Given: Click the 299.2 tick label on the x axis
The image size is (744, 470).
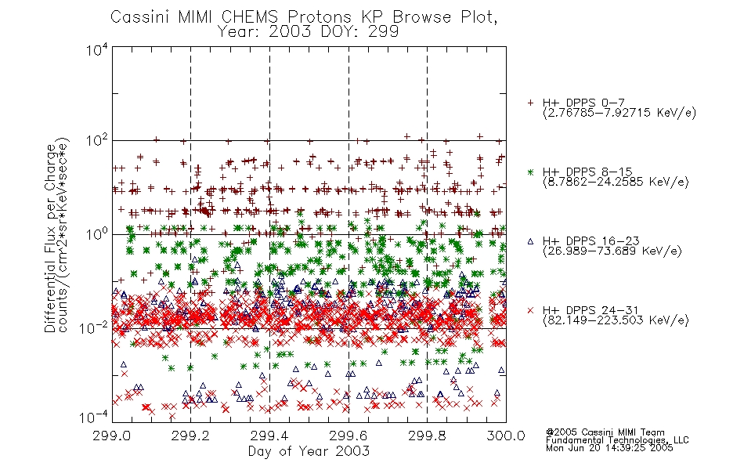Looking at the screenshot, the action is coord(191,436).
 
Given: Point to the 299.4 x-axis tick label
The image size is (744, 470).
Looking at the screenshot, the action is coord(269,436).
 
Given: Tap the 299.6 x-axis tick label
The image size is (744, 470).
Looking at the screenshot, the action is coord(349,436).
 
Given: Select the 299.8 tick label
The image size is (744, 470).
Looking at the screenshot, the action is coord(427,436).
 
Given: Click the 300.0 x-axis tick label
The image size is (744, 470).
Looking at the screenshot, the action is coord(506,436).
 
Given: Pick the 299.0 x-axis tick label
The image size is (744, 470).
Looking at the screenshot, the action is coord(112,436).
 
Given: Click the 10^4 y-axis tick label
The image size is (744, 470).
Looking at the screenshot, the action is coord(97,50).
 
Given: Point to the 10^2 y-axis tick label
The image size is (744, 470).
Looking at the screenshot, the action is coord(97,141).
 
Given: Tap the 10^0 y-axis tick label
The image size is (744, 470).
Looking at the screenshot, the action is coord(97,234).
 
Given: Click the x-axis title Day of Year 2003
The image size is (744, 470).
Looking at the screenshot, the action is coord(309,451).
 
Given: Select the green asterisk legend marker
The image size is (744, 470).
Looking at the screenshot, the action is coord(530,172).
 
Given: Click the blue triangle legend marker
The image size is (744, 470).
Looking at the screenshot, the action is coord(530,241).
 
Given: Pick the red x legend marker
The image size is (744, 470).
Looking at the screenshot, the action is coord(530,310).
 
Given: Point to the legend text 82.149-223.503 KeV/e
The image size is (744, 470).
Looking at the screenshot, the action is coord(616,320).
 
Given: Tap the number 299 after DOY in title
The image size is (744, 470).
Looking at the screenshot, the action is coord(384,32).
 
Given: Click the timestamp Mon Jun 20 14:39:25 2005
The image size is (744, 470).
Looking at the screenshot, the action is coord(609,448).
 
